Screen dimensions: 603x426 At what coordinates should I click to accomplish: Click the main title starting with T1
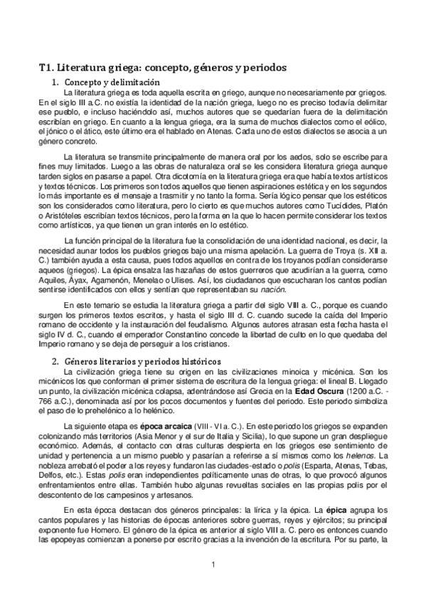tap(162, 68)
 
